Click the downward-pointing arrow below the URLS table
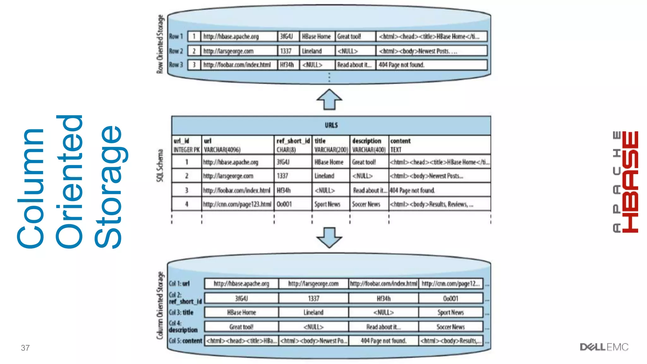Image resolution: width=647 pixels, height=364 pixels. tap(329, 237)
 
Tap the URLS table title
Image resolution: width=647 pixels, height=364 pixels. tap(331, 125)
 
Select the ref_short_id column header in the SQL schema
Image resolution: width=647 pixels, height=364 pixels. tap(293, 141)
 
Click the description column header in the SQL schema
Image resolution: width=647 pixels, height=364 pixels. tap(367, 141)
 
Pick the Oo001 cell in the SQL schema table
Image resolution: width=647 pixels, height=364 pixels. tap(284, 204)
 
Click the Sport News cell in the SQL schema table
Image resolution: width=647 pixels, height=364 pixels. tap(327, 204)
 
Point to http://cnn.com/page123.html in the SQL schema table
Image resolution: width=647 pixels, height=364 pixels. tap(237, 204)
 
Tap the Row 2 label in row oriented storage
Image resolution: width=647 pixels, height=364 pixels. tap(176, 51)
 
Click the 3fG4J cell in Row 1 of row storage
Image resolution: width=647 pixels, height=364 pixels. tap(287, 37)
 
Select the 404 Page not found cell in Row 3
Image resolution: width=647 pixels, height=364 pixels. tap(402, 65)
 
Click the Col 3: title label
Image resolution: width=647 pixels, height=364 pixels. tap(181, 312)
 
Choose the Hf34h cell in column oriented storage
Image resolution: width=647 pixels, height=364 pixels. tap(384, 299)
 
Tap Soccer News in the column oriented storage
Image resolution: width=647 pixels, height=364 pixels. tap(450, 327)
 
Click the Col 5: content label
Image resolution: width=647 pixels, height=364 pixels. tap(185, 341)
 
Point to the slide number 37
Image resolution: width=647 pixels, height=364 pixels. tap(25, 348)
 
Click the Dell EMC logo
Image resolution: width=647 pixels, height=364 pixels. tap(604, 347)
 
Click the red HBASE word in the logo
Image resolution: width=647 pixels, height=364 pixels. tap(631, 182)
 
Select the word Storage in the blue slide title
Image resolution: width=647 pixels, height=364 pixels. tap(108, 186)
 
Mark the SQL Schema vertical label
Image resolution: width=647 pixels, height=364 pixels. tap(160, 165)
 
